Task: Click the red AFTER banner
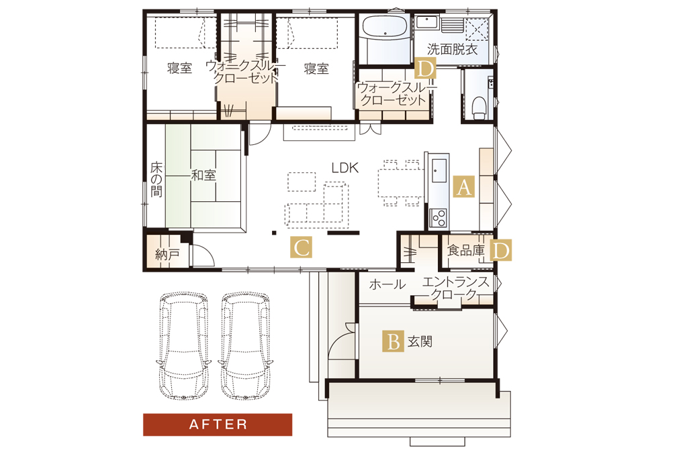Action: (218, 424)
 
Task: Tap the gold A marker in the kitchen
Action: (463, 187)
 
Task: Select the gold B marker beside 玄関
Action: (393, 341)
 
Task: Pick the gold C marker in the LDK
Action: (301, 247)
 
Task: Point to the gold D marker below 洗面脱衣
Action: (425, 68)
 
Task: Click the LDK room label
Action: (345, 168)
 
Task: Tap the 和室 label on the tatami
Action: (203, 176)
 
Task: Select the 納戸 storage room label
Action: (167, 254)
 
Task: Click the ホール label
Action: (387, 284)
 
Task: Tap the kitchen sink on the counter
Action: (439, 170)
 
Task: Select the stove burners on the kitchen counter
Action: (438, 218)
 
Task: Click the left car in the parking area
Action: (183, 345)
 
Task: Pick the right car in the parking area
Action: (245, 345)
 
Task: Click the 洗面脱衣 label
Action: (453, 50)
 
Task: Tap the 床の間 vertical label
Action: (156, 179)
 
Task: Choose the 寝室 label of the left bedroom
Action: (179, 68)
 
